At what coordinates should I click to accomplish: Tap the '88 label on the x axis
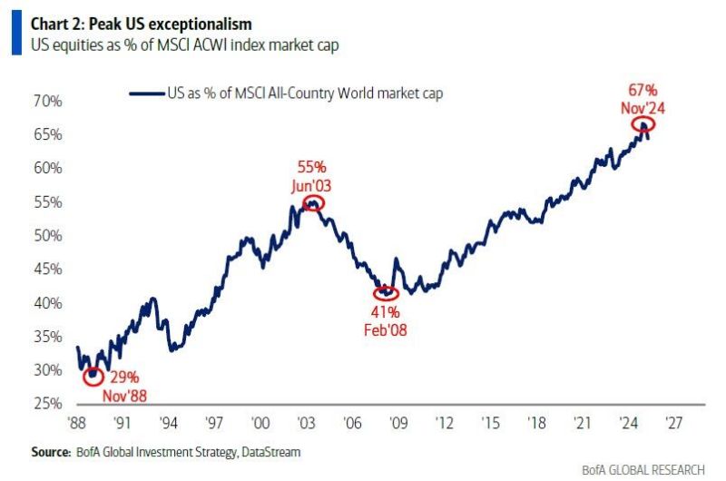[x=79, y=422]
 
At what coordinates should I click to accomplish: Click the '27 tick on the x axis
[x=673, y=422]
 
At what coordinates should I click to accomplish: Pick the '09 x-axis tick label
[x=397, y=422]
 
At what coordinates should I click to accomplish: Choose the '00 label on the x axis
[x=260, y=422]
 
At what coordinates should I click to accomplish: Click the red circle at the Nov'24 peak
[x=643, y=124]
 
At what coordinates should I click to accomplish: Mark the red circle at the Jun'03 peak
[x=313, y=203]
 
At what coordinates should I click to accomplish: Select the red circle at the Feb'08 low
[x=386, y=292]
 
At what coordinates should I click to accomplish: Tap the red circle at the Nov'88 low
[x=92, y=376]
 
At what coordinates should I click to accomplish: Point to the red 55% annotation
[x=312, y=168]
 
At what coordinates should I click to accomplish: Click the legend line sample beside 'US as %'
[x=147, y=93]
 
